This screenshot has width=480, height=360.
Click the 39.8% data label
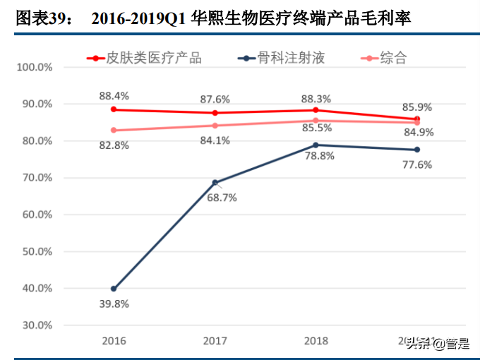coord(113,304)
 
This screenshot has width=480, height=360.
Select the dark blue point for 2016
coord(114,289)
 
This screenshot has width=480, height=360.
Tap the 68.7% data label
coord(222,198)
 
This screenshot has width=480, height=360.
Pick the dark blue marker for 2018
coord(316,145)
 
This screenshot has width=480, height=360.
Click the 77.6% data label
coord(416,165)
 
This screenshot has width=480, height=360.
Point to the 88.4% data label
coord(114,95)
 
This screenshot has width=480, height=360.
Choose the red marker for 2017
coord(215,113)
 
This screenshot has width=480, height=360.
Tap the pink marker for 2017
coord(215,126)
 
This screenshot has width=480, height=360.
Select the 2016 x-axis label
coord(114,341)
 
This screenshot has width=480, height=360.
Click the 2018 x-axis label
coord(316,341)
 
